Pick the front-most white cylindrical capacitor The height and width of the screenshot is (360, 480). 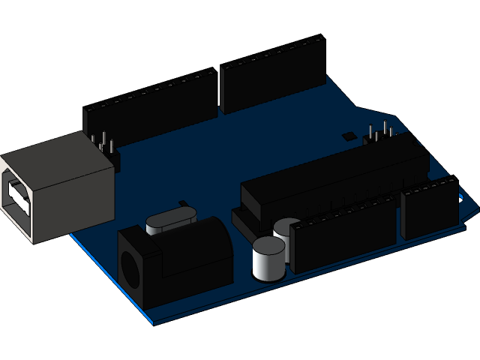click(x=268, y=258)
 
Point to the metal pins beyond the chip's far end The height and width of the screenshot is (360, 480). click(x=379, y=133)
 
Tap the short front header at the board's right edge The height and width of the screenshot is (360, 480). click(x=429, y=206)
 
